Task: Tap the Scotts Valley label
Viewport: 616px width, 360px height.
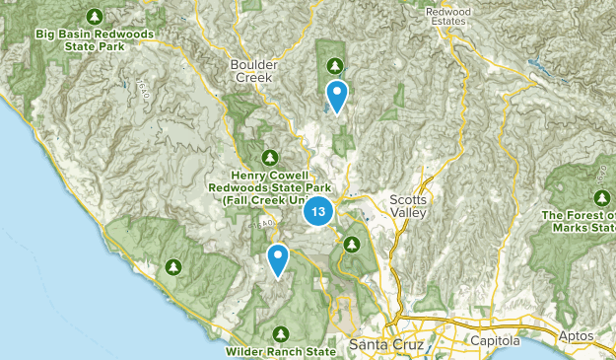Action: point(409,205)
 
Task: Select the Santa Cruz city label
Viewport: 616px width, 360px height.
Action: point(384,345)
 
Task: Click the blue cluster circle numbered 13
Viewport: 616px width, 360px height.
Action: point(318,211)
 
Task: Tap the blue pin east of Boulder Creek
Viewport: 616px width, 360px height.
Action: point(337,96)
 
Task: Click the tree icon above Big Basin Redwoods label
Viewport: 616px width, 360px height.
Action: point(95,15)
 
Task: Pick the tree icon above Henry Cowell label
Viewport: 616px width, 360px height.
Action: point(270,156)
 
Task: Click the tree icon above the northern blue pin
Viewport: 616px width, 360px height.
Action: point(336,65)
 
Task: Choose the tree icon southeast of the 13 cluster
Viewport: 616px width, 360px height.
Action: point(350,244)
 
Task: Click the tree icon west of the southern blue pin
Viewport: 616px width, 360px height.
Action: point(172,266)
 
